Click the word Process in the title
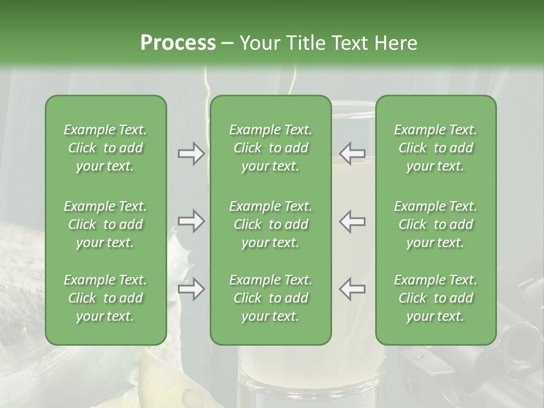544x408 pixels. pyautogui.click(x=178, y=43)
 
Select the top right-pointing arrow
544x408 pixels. pyautogui.click(x=192, y=154)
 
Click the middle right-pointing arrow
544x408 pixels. pyautogui.click(x=192, y=221)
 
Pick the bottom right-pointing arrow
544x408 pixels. pyautogui.click(x=192, y=290)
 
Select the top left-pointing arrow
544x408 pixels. pyautogui.click(x=352, y=154)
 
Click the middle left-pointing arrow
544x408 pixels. pyautogui.click(x=352, y=221)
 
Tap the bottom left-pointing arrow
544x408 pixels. pyautogui.click(x=352, y=290)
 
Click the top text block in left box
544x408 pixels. pyautogui.click(x=105, y=148)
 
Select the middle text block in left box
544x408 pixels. pyautogui.click(x=105, y=224)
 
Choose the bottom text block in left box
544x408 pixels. pyautogui.click(x=105, y=298)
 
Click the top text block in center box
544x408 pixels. pyautogui.click(x=270, y=148)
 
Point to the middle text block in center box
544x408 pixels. pyautogui.click(x=270, y=224)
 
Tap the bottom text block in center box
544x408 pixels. pyautogui.click(x=270, y=298)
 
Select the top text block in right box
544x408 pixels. pyautogui.click(x=435, y=148)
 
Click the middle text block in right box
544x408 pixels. pyautogui.click(x=435, y=224)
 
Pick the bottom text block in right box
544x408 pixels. pyautogui.click(x=435, y=298)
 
